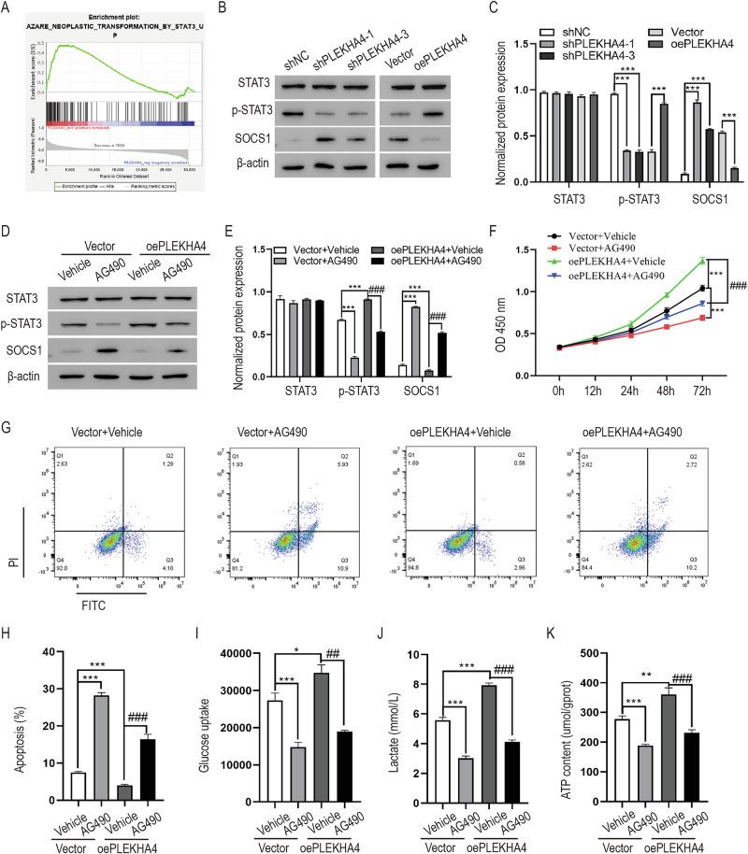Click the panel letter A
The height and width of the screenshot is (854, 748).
[8, 8]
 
